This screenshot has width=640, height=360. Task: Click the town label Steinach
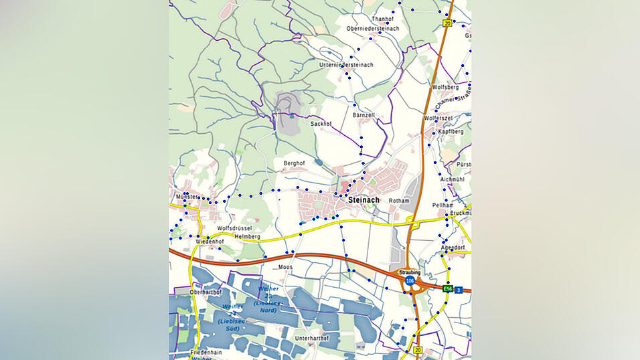(x=364, y=200)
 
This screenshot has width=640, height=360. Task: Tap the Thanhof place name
(x=383, y=19)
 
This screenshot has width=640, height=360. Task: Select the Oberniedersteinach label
(x=373, y=29)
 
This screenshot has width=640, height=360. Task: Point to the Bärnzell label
(x=364, y=115)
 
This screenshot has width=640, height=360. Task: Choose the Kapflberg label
(x=451, y=132)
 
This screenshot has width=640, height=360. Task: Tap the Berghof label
(x=295, y=163)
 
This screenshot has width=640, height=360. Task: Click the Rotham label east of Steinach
(x=398, y=201)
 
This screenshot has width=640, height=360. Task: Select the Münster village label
(x=187, y=197)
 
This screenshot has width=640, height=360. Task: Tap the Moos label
(x=286, y=267)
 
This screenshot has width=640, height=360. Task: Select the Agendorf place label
(x=453, y=248)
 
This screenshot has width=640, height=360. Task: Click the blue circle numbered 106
(x=410, y=281)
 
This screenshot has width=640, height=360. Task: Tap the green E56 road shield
(x=448, y=289)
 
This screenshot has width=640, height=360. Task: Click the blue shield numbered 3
(x=459, y=289)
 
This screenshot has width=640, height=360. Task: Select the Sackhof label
(x=321, y=124)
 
